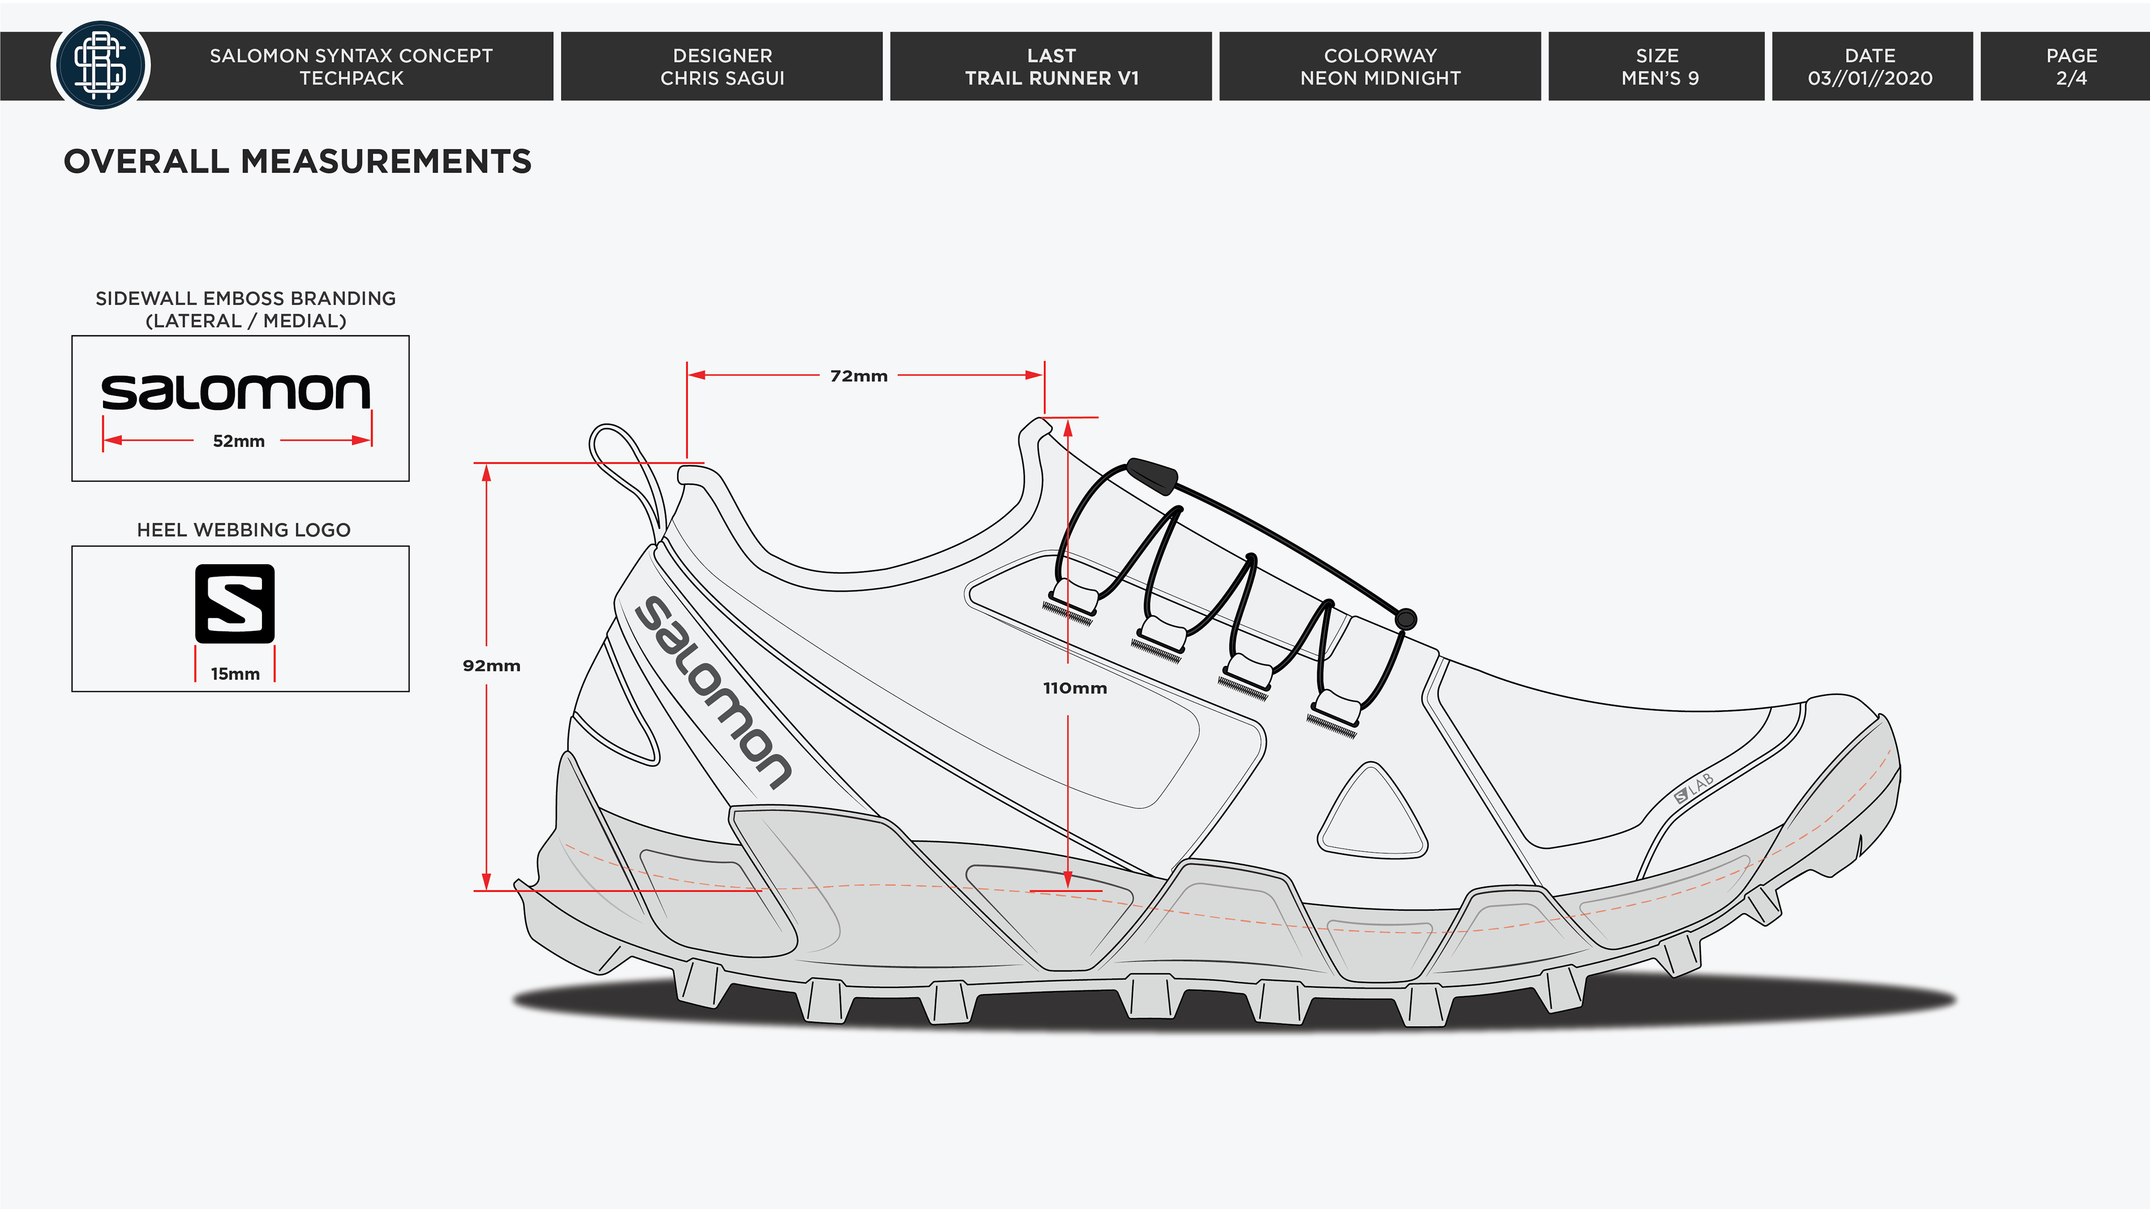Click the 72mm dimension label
click(x=858, y=376)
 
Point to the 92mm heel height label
click(x=492, y=666)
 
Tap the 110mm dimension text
click(x=1075, y=688)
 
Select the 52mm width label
click(x=239, y=442)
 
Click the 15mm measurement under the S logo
click(x=235, y=674)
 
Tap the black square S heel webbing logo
click(x=235, y=603)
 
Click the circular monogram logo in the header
click(x=100, y=66)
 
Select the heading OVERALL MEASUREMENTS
click(x=297, y=162)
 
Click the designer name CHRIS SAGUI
click(x=722, y=78)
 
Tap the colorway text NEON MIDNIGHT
click(x=1380, y=78)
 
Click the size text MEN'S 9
click(x=1659, y=78)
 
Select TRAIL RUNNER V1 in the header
click(x=1051, y=78)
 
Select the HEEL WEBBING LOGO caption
click(x=244, y=530)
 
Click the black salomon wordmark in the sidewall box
click(x=235, y=392)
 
